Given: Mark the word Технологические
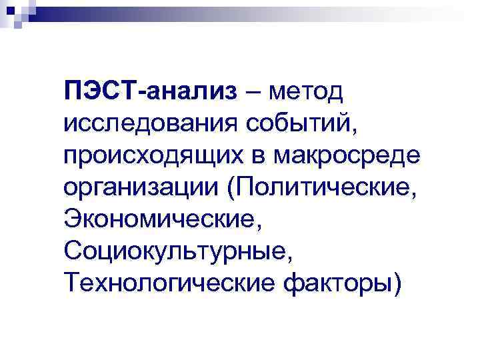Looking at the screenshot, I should click(167, 285).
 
